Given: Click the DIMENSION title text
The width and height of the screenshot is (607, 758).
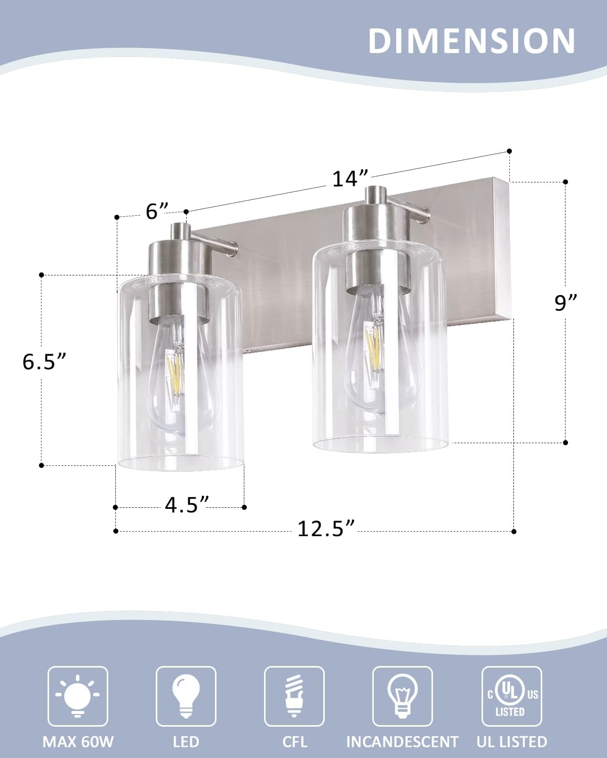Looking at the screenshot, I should pyautogui.click(x=471, y=40).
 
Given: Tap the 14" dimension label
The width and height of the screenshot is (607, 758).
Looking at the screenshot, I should pyautogui.click(x=349, y=178).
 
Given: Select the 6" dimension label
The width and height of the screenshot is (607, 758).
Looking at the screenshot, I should pyautogui.click(x=156, y=211).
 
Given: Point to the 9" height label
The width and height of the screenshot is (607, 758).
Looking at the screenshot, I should pyautogui.click(x=566, y=303).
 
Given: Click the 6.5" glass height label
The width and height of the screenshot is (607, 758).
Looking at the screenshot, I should pyautogui.click(x=45, y=361).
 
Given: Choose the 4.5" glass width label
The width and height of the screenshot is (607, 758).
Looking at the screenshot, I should pyautogui.click(x=187, y=505).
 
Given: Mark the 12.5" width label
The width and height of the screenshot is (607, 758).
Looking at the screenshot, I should pyautogui.click(x=325, y=529).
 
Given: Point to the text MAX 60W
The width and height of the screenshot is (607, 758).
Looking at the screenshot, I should pyautogui.click(x=78, y=741).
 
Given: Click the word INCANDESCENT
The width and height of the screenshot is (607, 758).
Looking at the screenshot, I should pyautogui.click(x=402, y=741).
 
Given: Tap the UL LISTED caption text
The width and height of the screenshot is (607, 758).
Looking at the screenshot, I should pyautogui.click(x=511, y=741).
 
